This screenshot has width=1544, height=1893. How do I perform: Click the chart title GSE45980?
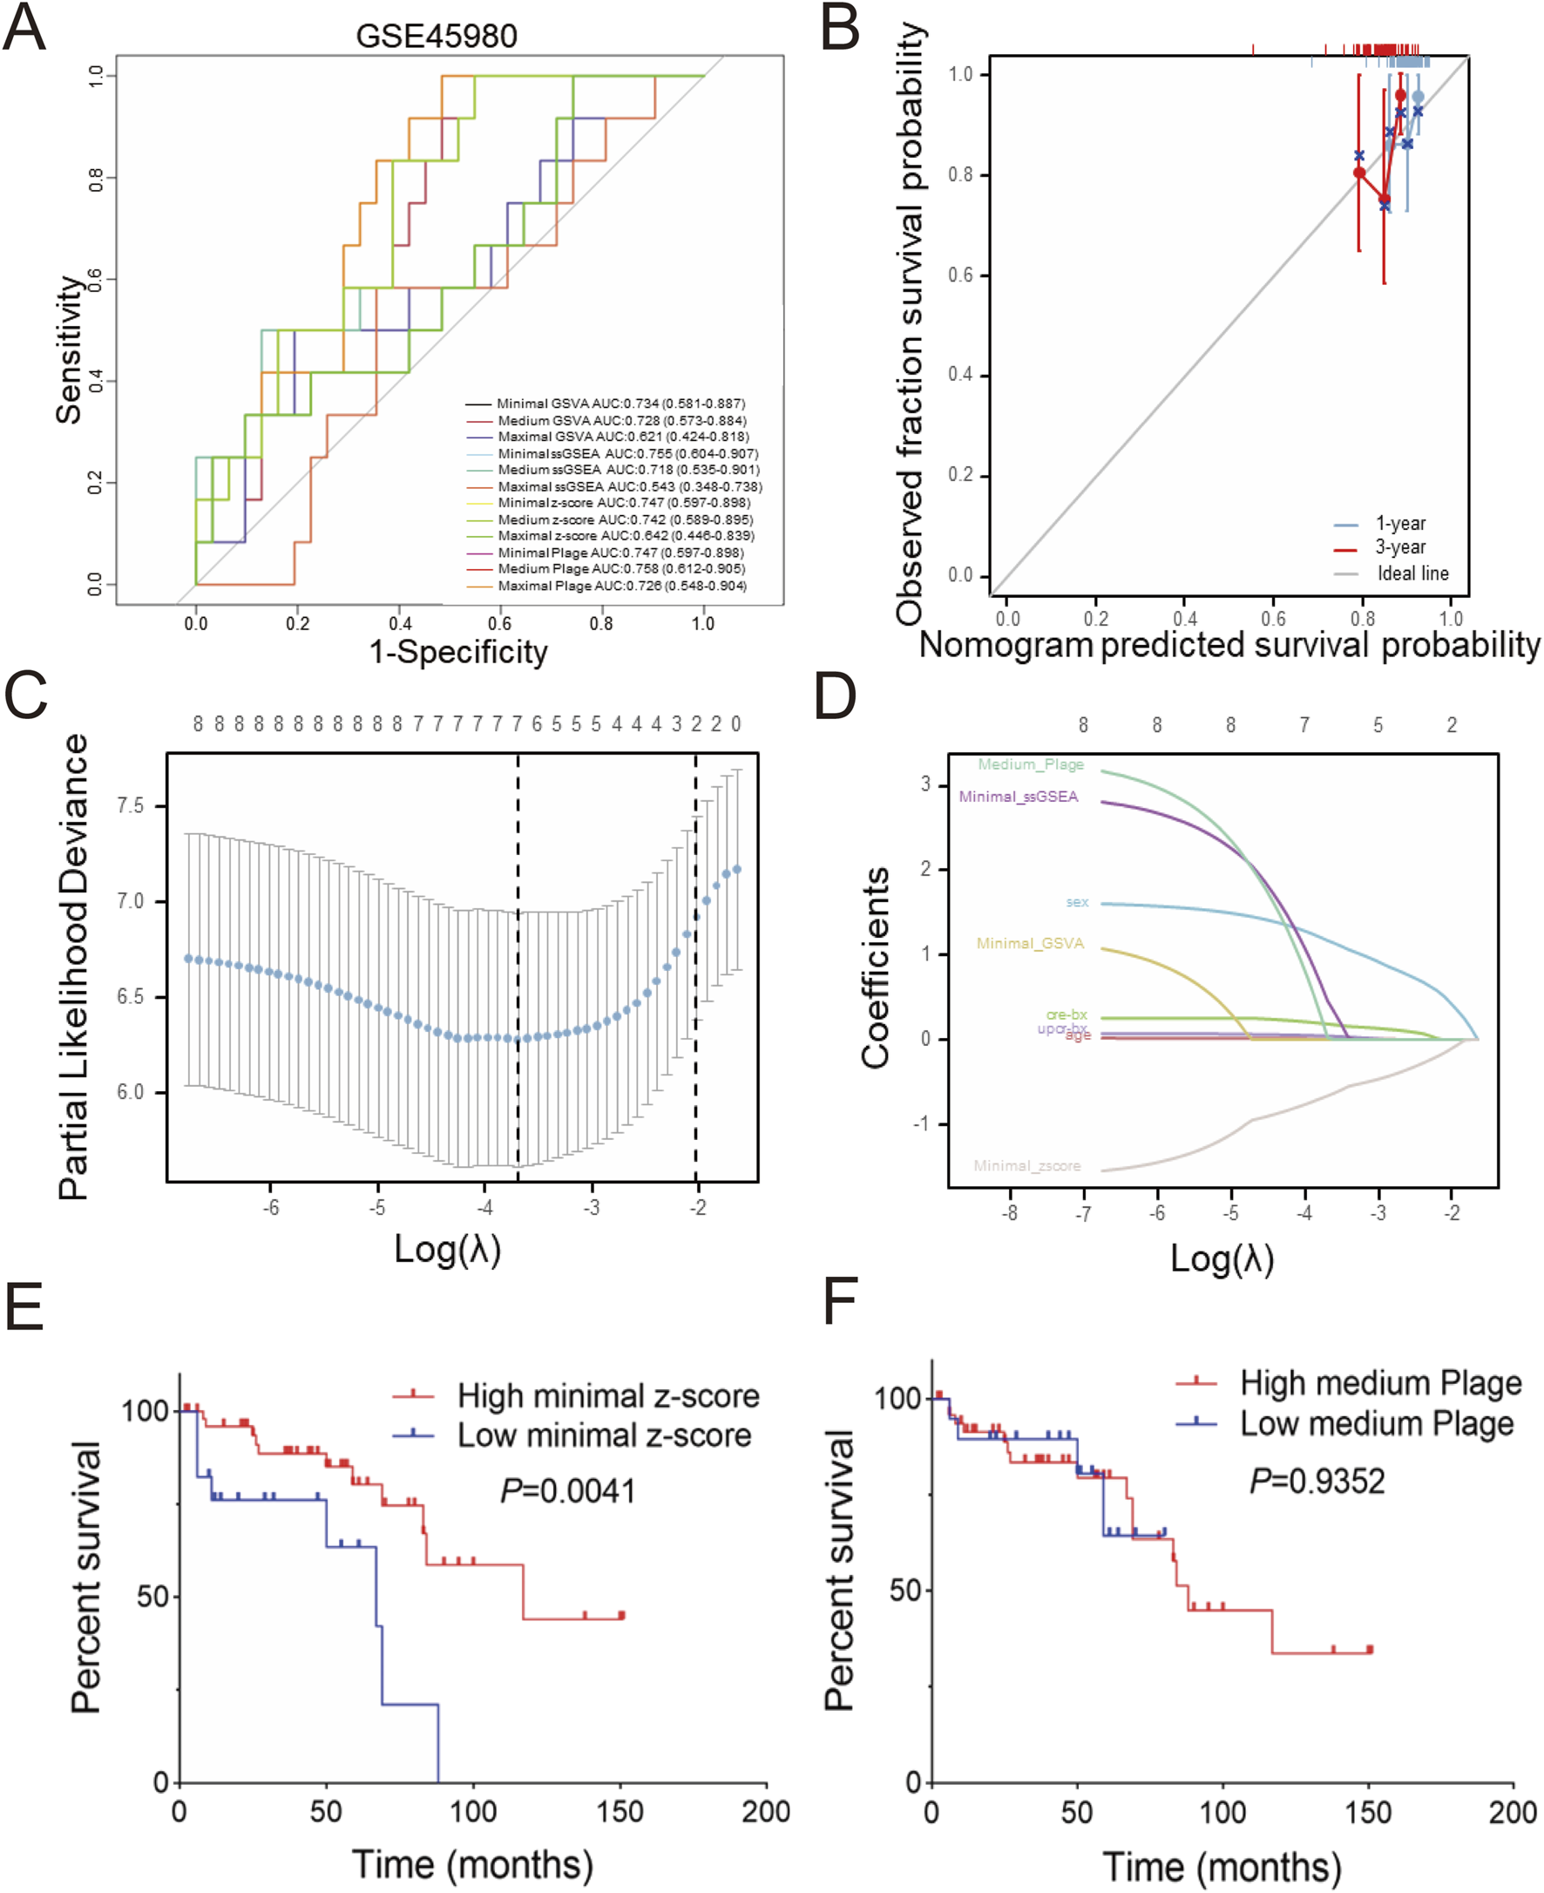click(436, 37)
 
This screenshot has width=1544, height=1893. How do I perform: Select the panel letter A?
click(24, 29)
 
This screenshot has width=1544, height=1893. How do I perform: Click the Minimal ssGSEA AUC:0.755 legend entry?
click(627, 454)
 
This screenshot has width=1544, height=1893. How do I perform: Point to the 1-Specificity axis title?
click(458, 652)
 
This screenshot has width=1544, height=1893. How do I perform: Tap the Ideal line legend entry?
click(1412, 573)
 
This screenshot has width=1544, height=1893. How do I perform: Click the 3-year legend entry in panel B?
click(1400, 547)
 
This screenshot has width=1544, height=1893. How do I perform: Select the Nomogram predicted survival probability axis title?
click(1229, 645)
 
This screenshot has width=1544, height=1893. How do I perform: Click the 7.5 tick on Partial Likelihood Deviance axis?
click(131, 806)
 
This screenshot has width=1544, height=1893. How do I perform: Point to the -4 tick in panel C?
click(484, 1208)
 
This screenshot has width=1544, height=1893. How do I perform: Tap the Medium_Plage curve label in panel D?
click(1031, 764)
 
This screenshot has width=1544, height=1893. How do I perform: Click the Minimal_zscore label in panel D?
click(1026, 1165)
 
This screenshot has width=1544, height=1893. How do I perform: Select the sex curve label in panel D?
click(1077, 902)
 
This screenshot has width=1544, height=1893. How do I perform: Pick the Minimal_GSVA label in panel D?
click(1030, 943)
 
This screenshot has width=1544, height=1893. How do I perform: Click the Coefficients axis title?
click(875, 967)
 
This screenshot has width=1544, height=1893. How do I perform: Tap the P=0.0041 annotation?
click(568, 1491)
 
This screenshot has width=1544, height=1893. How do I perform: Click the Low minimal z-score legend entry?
click(604, 1435)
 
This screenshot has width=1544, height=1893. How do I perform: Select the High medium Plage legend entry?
click(1380, 1383)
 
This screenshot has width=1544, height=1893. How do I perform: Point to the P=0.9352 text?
click(1317, 1481)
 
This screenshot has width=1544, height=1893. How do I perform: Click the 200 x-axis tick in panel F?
click(1513, 1812)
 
